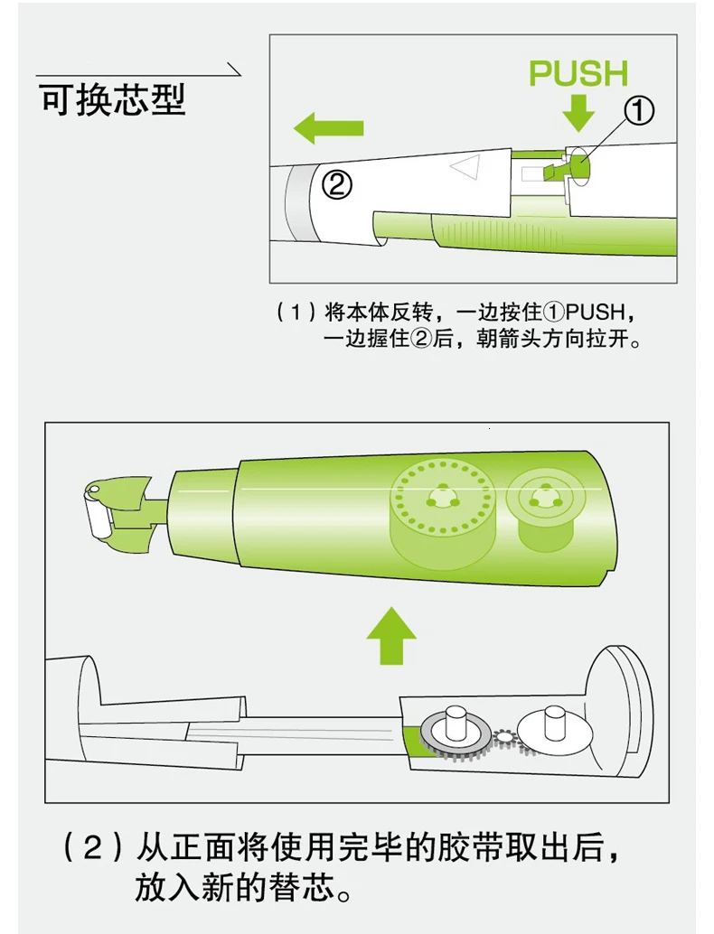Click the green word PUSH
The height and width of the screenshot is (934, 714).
pos(578,73)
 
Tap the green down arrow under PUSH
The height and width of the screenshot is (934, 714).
pos(578,112)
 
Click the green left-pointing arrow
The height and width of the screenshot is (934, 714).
pos(328,128)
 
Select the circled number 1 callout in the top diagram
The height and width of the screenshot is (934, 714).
pos(639,111)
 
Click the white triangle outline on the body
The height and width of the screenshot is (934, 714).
pos(466,167)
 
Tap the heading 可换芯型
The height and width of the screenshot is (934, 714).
pos(113,98)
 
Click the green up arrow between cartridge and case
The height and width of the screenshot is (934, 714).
pos(391,636)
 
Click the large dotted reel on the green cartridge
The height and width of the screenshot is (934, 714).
pos(442,498)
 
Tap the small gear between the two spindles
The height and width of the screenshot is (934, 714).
pos(505,737)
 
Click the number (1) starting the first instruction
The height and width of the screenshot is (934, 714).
pos(296,312)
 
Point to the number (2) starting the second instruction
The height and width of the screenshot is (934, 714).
pos(93,847)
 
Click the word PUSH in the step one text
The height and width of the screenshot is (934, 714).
pos(596,312)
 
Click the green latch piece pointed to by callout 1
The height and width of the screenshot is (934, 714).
pos(553,172)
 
